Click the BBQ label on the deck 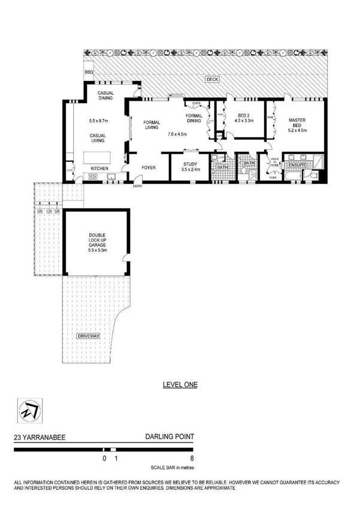tap(89, 73)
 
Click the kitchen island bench tap(98, 157)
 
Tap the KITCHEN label tap(99, 169)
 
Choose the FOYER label tap(148, 168)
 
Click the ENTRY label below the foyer tap(138, 186)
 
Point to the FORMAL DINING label tap(194, 118)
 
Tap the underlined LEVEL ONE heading tap(180, 385)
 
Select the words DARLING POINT tap(170, 439)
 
